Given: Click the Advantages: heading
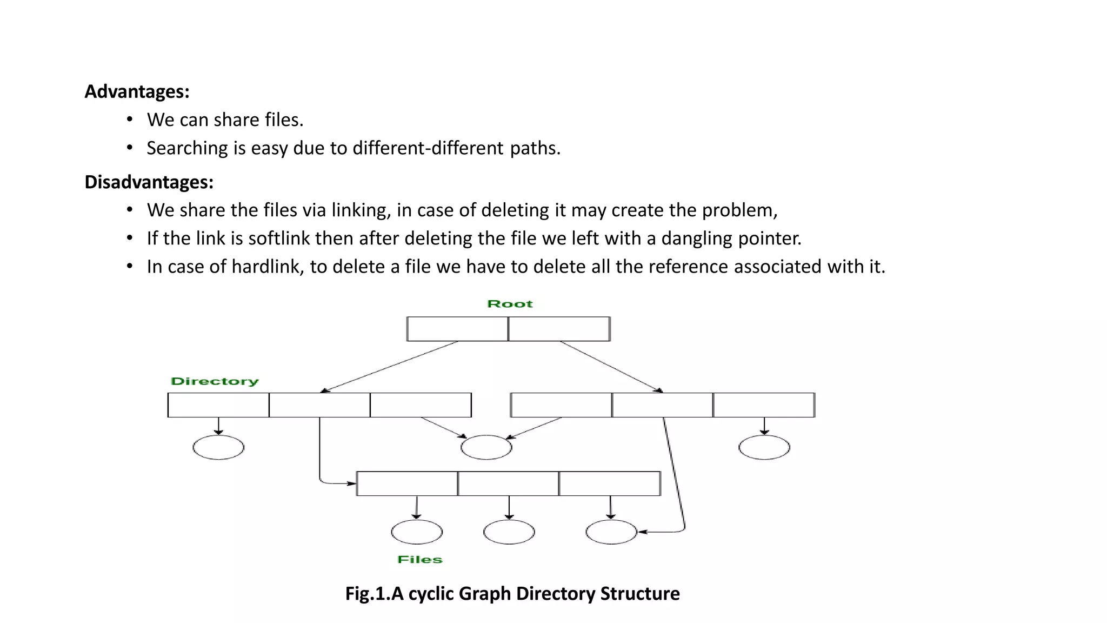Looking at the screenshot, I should [x=137, y=91].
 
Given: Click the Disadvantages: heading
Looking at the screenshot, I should [x=149, y=182].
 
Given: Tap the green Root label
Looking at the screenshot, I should [x=510, y=304].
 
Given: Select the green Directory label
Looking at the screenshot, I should [x=215, y=381].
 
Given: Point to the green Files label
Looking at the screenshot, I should [x=419, y=560].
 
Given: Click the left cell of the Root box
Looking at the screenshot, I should [x=457, y=329].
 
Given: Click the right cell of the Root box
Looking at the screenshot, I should [x=559, y=329].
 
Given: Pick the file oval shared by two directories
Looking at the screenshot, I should [x=486, y=447].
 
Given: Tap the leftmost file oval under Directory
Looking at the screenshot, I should [x=218, y=447].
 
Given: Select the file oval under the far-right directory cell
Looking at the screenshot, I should [x=764, y=447].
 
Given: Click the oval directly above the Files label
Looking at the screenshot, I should [x=417, y=532].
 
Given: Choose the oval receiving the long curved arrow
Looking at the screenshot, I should [x=611, y=532].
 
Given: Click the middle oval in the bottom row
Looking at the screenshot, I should [x=509, y=532].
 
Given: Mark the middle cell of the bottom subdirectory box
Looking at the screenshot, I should [x=508, y=483].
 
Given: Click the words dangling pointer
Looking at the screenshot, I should [x=731, y=238].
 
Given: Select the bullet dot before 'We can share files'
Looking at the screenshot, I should [x=130, y=119].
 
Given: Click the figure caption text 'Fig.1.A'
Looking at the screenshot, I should [x=374, y=594].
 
